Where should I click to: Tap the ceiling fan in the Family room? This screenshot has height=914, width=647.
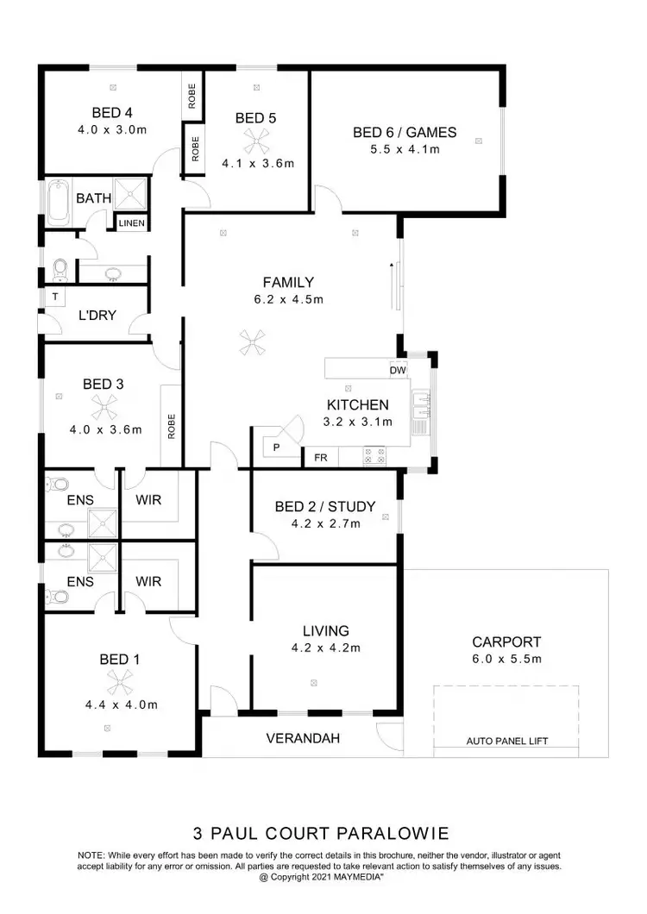pyautogui.click(x=252, y=342)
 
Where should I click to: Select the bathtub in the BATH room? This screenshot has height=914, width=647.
pyautogui.click(x=59, y=197)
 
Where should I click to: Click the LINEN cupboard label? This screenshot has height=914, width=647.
pyautogui.click(x=132, y=222)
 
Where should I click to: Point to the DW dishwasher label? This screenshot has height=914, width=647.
pyautogui.click(x=398, y=371)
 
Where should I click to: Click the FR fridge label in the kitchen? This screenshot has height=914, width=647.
pyautogui.click(x=320, y=457)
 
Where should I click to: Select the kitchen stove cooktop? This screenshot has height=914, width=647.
pyautogui.click(x=374, y=455)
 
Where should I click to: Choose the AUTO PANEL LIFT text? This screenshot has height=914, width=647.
pyautogui.click(x=506, y=741)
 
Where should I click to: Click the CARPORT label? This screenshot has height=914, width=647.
pyautogui.click(x=506, y=642)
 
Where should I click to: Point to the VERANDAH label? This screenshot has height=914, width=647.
pyautogui.click(x=302, y=738)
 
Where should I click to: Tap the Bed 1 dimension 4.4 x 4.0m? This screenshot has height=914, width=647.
pyautogui.click(x=116, y=704)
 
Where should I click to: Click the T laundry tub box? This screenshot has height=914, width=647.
pyautogui.click(x=55, y=296)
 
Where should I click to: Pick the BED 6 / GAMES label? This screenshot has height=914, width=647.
pyautogui.click(x=405, y=133)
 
